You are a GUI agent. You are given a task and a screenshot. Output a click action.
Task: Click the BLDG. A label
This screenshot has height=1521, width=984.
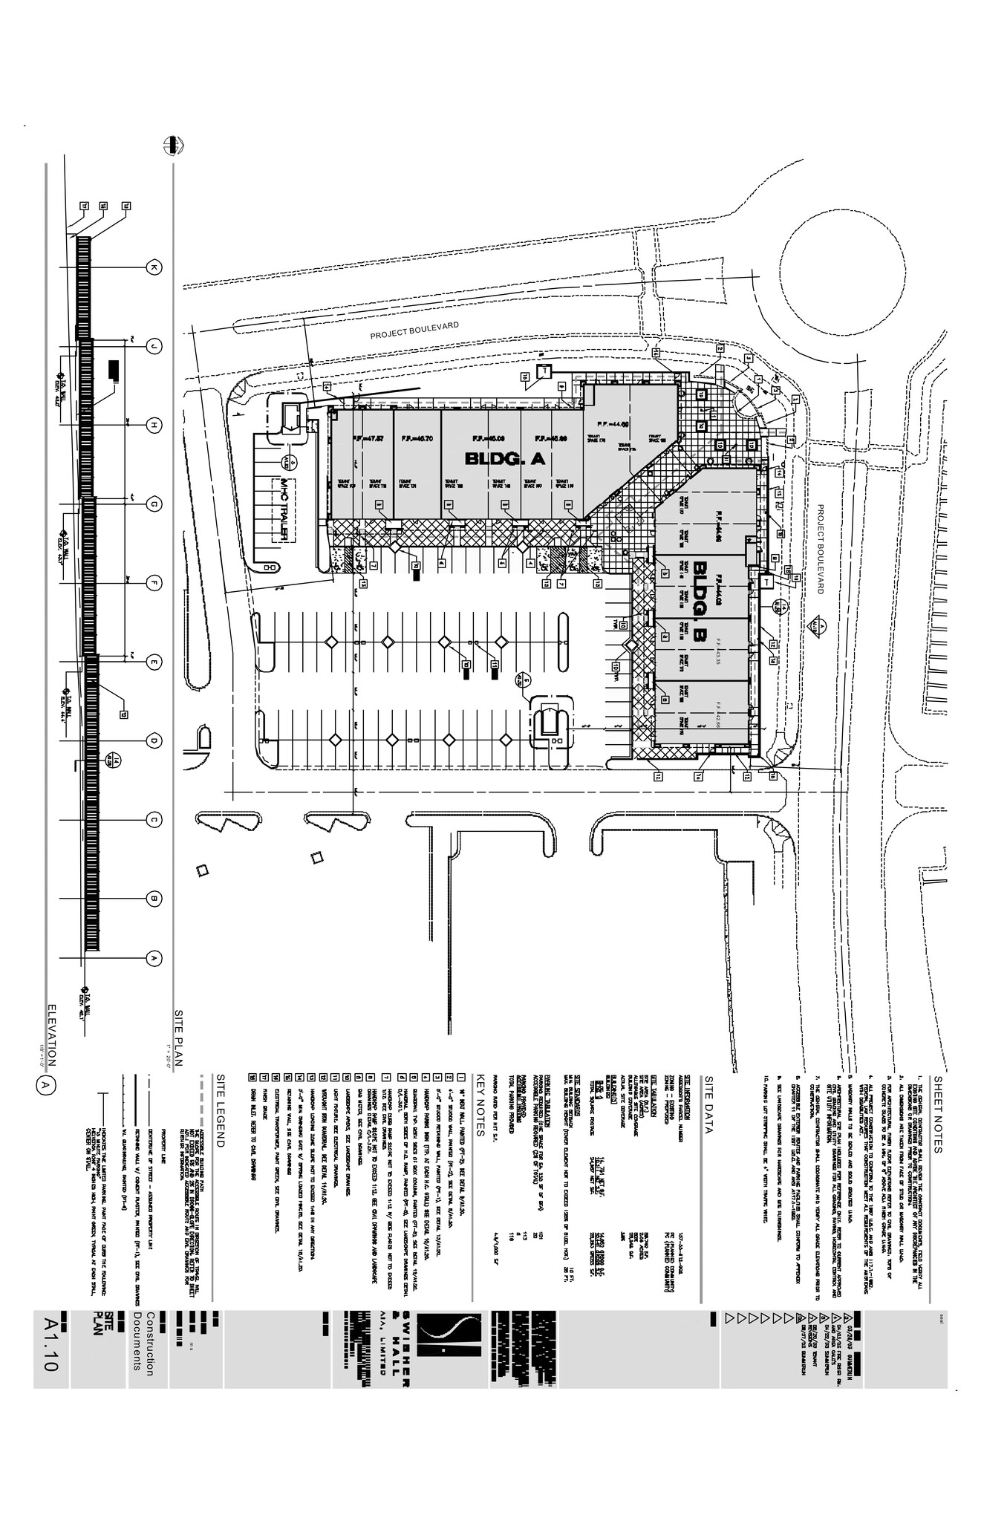click(x=505, y=460)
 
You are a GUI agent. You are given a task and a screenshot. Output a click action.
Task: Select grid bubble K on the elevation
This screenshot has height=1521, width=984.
click(x=154, y=267)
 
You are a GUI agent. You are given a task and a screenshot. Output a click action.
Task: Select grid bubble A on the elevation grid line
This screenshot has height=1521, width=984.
click(x=154, y=958)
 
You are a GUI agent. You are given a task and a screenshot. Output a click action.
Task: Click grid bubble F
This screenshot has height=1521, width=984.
click(x=154, y=583)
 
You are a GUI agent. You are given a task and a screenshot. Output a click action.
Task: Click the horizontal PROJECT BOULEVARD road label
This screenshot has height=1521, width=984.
click(x=415, y=330)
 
